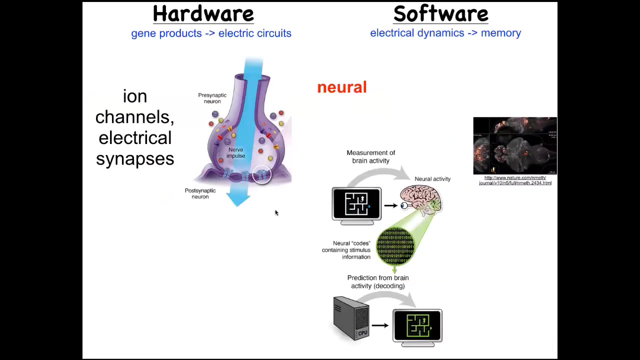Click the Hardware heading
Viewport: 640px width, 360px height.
point(203,14)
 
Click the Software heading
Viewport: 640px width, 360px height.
point(440,14)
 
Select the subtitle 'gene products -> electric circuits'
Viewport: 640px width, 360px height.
point(211,33)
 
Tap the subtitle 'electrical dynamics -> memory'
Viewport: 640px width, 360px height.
point(445,33)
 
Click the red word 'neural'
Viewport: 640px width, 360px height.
point(342,87)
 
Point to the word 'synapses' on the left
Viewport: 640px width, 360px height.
point(135,158)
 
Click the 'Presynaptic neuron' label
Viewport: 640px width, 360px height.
point(212,98)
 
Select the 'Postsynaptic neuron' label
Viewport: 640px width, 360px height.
point(200,193)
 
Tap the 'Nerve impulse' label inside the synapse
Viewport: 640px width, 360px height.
point(235,152)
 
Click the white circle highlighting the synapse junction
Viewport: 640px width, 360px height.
point(261,174)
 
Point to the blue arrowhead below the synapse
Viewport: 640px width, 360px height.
point(238,198)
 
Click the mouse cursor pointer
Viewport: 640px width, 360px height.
point(276,212)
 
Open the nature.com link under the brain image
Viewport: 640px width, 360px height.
point(515,180)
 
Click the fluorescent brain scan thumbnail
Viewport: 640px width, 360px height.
point(515,145)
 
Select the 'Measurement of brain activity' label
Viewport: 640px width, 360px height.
point(370,156)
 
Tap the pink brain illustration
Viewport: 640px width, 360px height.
point(420,198)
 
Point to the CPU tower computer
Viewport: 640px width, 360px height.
point(351,318)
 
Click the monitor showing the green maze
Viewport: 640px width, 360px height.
point(417,326)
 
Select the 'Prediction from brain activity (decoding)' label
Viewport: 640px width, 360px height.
point(378,281)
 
